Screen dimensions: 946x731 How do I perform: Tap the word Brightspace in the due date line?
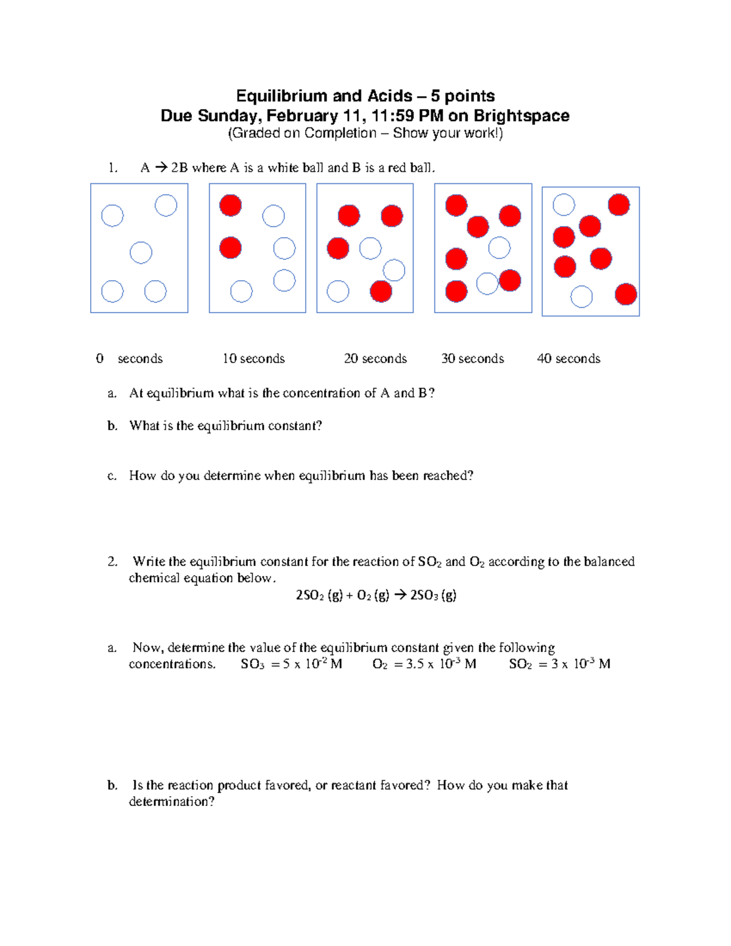521,116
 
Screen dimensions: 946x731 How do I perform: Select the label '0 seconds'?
129,359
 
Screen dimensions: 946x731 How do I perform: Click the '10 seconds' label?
253,359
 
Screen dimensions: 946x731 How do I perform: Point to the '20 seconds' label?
375,359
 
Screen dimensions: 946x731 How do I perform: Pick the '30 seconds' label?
473,359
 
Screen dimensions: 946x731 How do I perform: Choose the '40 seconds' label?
568,359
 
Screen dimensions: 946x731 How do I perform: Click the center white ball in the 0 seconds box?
141,252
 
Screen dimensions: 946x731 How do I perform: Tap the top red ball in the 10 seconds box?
230,205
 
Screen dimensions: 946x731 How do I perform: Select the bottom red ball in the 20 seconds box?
381,292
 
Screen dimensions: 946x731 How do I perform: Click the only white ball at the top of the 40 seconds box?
563,205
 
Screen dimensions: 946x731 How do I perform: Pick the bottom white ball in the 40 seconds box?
582,297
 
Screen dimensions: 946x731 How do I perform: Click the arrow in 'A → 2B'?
161,168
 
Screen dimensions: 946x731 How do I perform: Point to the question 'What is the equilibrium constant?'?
225,426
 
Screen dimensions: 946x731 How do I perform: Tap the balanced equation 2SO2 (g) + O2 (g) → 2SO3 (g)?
376,595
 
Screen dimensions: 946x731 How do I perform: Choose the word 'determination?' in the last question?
172,802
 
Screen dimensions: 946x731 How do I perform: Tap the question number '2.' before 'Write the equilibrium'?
113,562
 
